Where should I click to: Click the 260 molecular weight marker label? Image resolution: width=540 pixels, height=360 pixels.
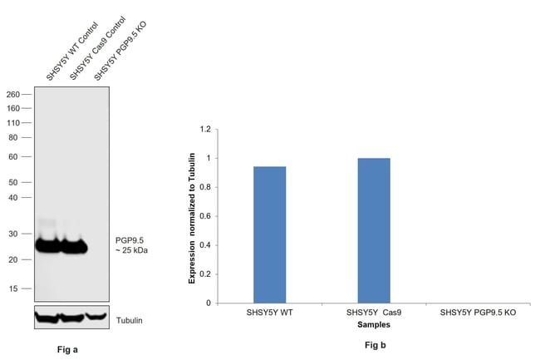[13, 95]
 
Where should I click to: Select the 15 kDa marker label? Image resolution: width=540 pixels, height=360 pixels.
[16, 288]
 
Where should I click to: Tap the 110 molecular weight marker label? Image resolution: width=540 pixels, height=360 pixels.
[13, 122]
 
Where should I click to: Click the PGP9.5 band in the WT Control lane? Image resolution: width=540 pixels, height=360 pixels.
[49, 245]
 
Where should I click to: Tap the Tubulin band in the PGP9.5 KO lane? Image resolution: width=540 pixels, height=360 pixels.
[97, 316]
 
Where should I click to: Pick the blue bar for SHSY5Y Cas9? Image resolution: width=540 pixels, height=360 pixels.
[374, 230]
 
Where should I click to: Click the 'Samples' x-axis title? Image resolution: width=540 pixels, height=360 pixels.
[372, 323]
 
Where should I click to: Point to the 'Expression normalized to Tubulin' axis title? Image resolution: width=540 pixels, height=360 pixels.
[192, 218]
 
